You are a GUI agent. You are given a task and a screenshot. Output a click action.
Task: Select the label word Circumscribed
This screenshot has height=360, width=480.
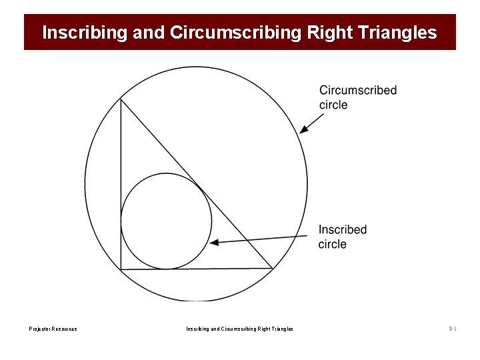click(x=358, y=91)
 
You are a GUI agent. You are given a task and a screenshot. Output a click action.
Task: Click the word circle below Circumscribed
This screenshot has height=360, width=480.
click(x=333, y=105)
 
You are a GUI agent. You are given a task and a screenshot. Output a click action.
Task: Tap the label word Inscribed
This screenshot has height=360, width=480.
click(x=343, y=230)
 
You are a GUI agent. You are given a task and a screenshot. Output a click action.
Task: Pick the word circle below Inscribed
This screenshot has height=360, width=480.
click(x=333, y=244)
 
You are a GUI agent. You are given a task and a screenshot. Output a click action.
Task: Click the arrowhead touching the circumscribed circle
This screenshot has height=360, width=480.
click(x=303, y=130)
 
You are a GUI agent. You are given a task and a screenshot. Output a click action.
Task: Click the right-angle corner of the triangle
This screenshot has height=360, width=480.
click(x=121, y=269)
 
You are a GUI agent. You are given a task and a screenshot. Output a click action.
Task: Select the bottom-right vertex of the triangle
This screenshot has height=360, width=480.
click(x=273, y=268)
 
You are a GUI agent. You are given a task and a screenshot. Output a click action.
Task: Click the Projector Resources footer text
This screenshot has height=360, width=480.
click(x=53, y=329)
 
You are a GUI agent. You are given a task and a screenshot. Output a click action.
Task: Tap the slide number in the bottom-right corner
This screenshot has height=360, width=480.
click(x=452, y=329)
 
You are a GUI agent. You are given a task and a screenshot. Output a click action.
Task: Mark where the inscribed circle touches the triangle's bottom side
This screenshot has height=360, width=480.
click(x=166, y=269)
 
